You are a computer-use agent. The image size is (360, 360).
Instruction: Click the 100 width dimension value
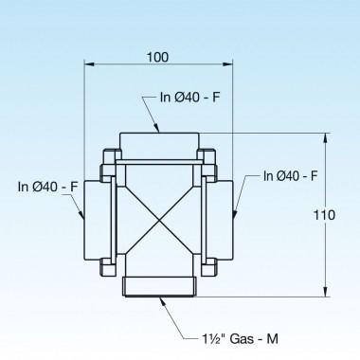[158, 57]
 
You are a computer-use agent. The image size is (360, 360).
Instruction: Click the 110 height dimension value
[324, 215]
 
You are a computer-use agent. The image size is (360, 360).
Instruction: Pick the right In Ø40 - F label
[290, 176]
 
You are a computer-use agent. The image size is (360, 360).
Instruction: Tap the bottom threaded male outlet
[158, 285]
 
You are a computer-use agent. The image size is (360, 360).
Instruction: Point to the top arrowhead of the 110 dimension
[327, 137]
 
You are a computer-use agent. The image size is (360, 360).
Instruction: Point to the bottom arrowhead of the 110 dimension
[327, 293]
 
